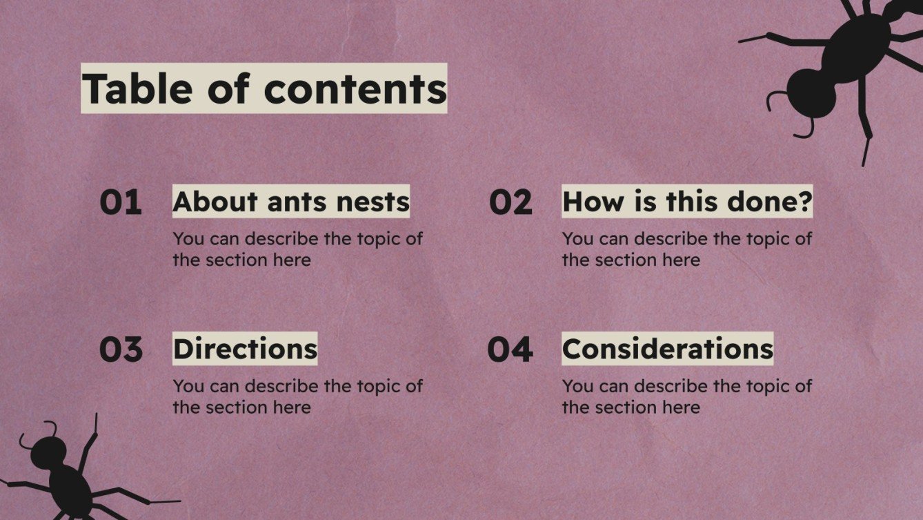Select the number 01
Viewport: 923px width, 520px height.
pyautogui.click(x=121, y=202)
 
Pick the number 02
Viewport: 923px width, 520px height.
pyautogui.click(x=510, y=202)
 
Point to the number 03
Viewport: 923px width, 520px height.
pyautogui.click(x=121, y=349)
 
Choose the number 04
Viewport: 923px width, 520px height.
pyautogui.click(x=510, y=349)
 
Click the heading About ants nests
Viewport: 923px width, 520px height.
pyautogui.click(x=291, y=202)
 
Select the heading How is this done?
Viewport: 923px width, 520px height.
pyautogui.click(x=687, y=202)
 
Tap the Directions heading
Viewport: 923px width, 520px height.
pyautogui.click(x=245, y=349)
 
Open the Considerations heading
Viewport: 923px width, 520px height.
pyautogui.click(x=667, y=349)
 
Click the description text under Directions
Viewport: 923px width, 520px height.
pyautogui.click(x=297, y=396)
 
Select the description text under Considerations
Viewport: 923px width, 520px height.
pyautogui.click(x=686, y=396)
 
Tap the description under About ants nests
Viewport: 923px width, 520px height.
pyautogui.click(x=297, y=249)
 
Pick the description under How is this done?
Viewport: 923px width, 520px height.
pyautogui.click(x=686, y=249)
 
